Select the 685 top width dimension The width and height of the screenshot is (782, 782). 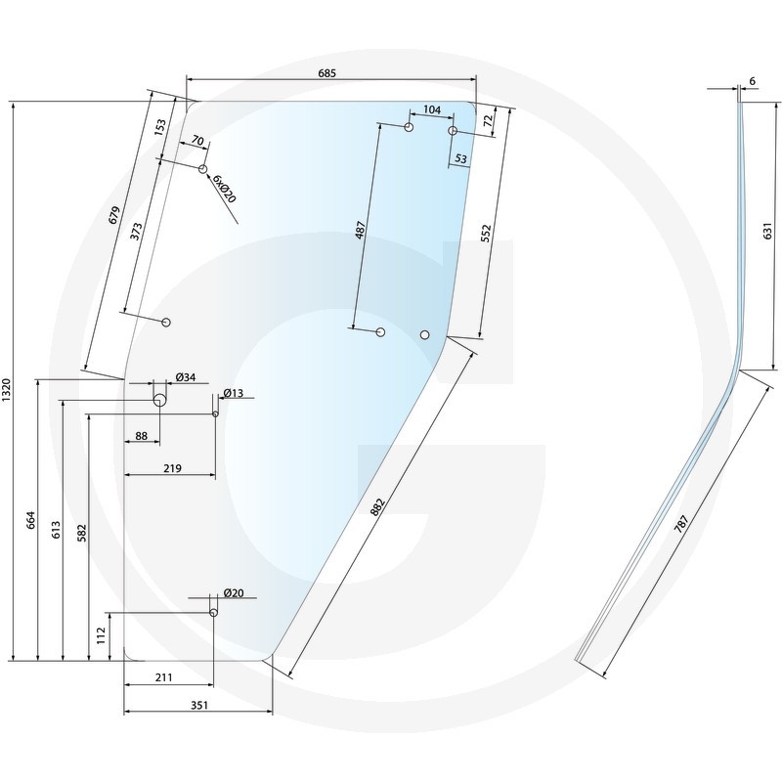coord(326,73)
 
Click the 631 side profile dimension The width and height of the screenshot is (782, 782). coord(767,232)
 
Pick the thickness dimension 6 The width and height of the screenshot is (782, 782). coord(751,80)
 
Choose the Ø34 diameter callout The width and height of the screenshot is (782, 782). coord(186,378)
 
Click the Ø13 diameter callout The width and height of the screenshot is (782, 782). coord(234,394)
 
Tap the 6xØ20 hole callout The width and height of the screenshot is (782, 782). coord(224,189)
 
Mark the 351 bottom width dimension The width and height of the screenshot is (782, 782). coord(198,704)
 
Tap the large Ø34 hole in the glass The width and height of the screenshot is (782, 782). coord(158,400)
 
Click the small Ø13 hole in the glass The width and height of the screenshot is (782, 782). coord(216,413)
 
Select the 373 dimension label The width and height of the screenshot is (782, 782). coord(136,231)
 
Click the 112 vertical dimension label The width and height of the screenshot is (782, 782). coord(101,636)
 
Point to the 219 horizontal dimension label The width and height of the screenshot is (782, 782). coord(173,469)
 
